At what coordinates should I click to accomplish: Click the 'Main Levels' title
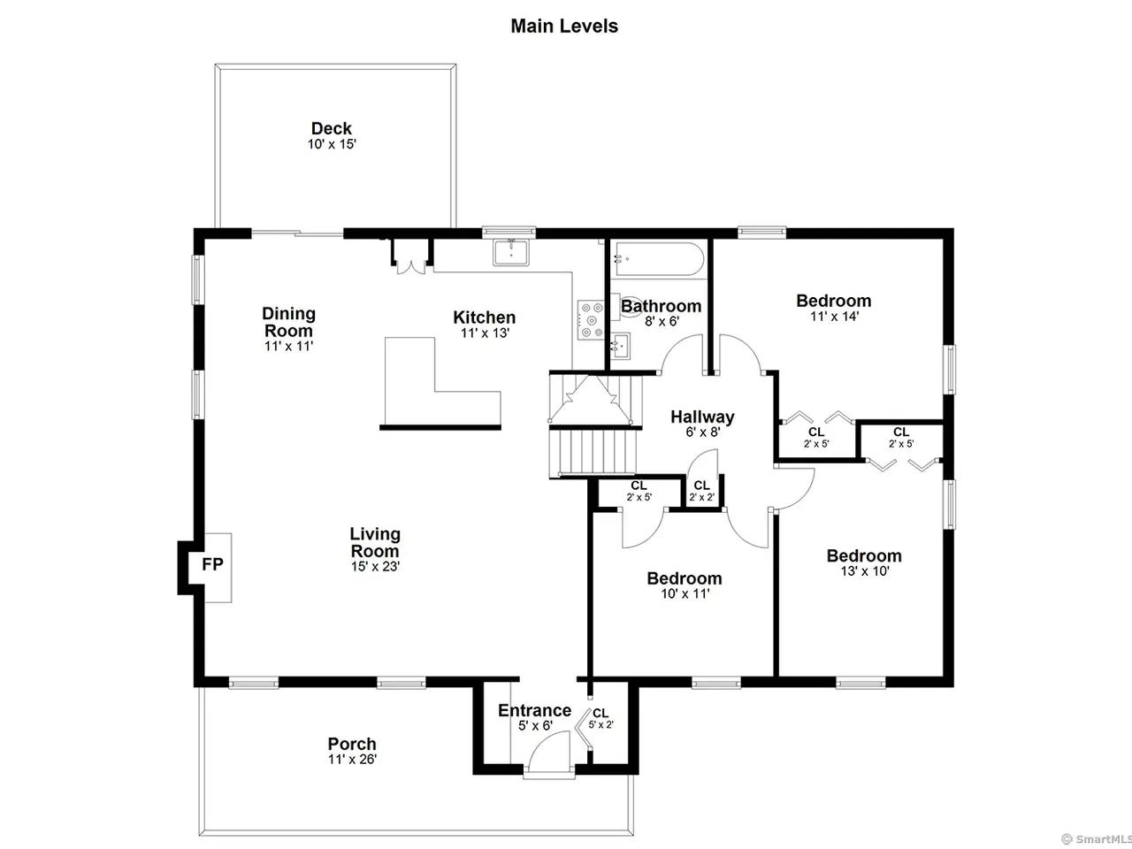[x=564, y=27]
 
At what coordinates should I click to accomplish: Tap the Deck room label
[x=331, y=128]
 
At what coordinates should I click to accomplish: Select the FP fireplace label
[x=212, y=564]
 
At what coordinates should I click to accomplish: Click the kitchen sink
[x=510, y=253]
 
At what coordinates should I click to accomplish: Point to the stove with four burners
[x=591, y=320]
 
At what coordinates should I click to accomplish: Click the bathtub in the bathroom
[x=657, y=259]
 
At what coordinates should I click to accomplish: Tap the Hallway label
[x=702, y=417]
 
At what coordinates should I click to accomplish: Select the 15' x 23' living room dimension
[x=376, y=567]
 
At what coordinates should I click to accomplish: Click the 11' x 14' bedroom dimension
[x=834, y=317]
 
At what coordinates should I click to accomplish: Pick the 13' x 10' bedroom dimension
[x=864, y=571]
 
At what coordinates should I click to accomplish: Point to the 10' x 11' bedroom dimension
[x=685, y=593]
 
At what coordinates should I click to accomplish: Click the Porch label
[x=352, y=744]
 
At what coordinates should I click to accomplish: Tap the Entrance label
[x=535, y=710]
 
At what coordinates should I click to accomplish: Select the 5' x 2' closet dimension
[x=600, y=725]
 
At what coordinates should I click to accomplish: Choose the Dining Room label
[x=288, y=322]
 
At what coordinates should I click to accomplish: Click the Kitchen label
[x=485, y=317]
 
